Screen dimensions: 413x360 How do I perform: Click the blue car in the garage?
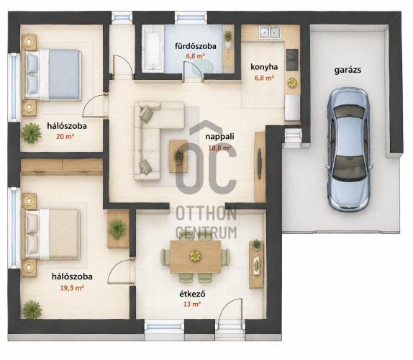pos(349,150)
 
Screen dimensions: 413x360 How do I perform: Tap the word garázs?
pos(348,70)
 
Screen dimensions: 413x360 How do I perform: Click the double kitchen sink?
pos(269,32)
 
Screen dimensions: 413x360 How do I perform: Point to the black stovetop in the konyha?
pos(292,60)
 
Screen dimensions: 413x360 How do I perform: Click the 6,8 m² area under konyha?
pos(264,78)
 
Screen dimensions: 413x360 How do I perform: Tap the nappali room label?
pos(219,137)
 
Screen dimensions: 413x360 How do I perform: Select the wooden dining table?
pos(195,257)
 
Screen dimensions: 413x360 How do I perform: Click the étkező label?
pos(192,294)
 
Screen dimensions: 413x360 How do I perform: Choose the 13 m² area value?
pos(192,304)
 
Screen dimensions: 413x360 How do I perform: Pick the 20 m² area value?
pos(65,137)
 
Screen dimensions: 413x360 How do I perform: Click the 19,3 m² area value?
pos(72,288)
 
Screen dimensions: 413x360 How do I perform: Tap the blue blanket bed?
pos(53,75)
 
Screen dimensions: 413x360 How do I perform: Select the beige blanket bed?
pos(52,234)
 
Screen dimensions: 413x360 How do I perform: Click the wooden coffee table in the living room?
pos(178,156)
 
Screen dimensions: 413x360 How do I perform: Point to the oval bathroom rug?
pos(202,68)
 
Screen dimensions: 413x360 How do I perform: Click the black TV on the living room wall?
pos(260,163)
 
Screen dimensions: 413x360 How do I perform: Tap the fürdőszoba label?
pos(196,46)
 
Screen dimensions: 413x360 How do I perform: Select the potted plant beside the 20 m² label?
pos(32,133)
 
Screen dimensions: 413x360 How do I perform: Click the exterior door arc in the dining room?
pos(227,305)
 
